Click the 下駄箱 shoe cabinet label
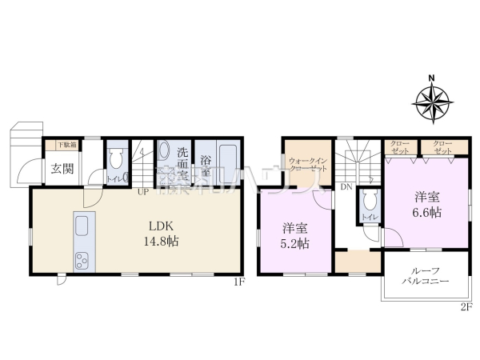point(67,146)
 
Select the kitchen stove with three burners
point(82,258)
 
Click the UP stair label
point(142,192)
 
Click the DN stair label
point(346,186)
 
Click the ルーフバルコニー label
point(424,276)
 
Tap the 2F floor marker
point(467,307)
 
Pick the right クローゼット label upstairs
point(442,147)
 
